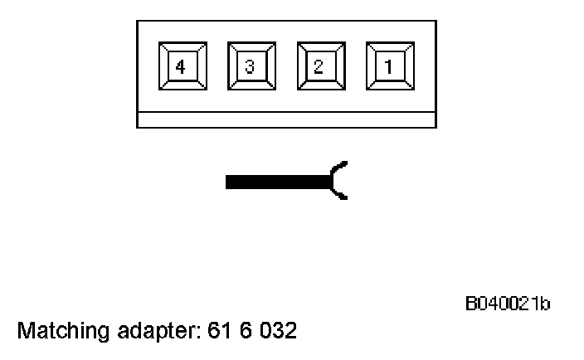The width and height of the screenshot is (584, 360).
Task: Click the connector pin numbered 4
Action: click(x=182, y=66)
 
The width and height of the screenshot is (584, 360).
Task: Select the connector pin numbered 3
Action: click(x=251, y=66)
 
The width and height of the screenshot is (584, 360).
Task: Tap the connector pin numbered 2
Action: click(x=319, y=66)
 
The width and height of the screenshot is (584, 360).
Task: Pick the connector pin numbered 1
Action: click(x=388, y=66)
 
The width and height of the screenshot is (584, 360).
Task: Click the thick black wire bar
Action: click(x=278, y=182)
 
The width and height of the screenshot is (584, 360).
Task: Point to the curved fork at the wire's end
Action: click(x=338, y=181)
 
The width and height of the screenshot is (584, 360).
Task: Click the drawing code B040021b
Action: click(x=507, y=304)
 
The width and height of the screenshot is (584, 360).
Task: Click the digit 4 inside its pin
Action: click(x=182, y=66)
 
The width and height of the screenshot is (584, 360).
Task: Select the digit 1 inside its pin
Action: click(x=388, y=66)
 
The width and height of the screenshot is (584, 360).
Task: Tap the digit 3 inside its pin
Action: click(x=251, y=66)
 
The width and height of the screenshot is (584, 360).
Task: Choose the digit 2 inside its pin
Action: click(x=319, y=66)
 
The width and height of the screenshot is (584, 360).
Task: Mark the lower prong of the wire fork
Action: click(x=341, y=194)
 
